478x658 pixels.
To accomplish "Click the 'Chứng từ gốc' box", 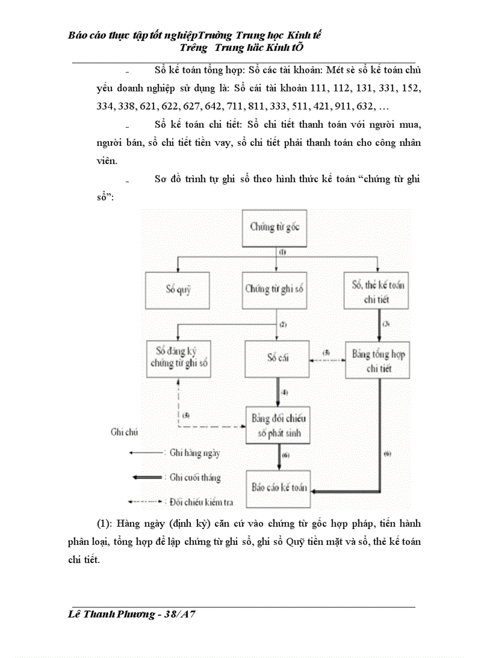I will click(274, 227).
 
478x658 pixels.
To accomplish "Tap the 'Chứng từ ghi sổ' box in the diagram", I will click(274, 288).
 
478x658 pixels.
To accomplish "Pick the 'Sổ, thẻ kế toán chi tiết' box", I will click(378, 291).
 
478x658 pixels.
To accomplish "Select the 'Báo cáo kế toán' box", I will click(278, 487).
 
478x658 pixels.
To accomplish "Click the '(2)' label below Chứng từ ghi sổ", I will click(283, 324).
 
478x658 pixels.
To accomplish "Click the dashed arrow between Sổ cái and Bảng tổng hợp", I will click(326, 359).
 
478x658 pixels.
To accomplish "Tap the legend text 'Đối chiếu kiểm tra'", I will click(199, 502).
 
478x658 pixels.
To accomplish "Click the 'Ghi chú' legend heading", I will click(125, 432).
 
